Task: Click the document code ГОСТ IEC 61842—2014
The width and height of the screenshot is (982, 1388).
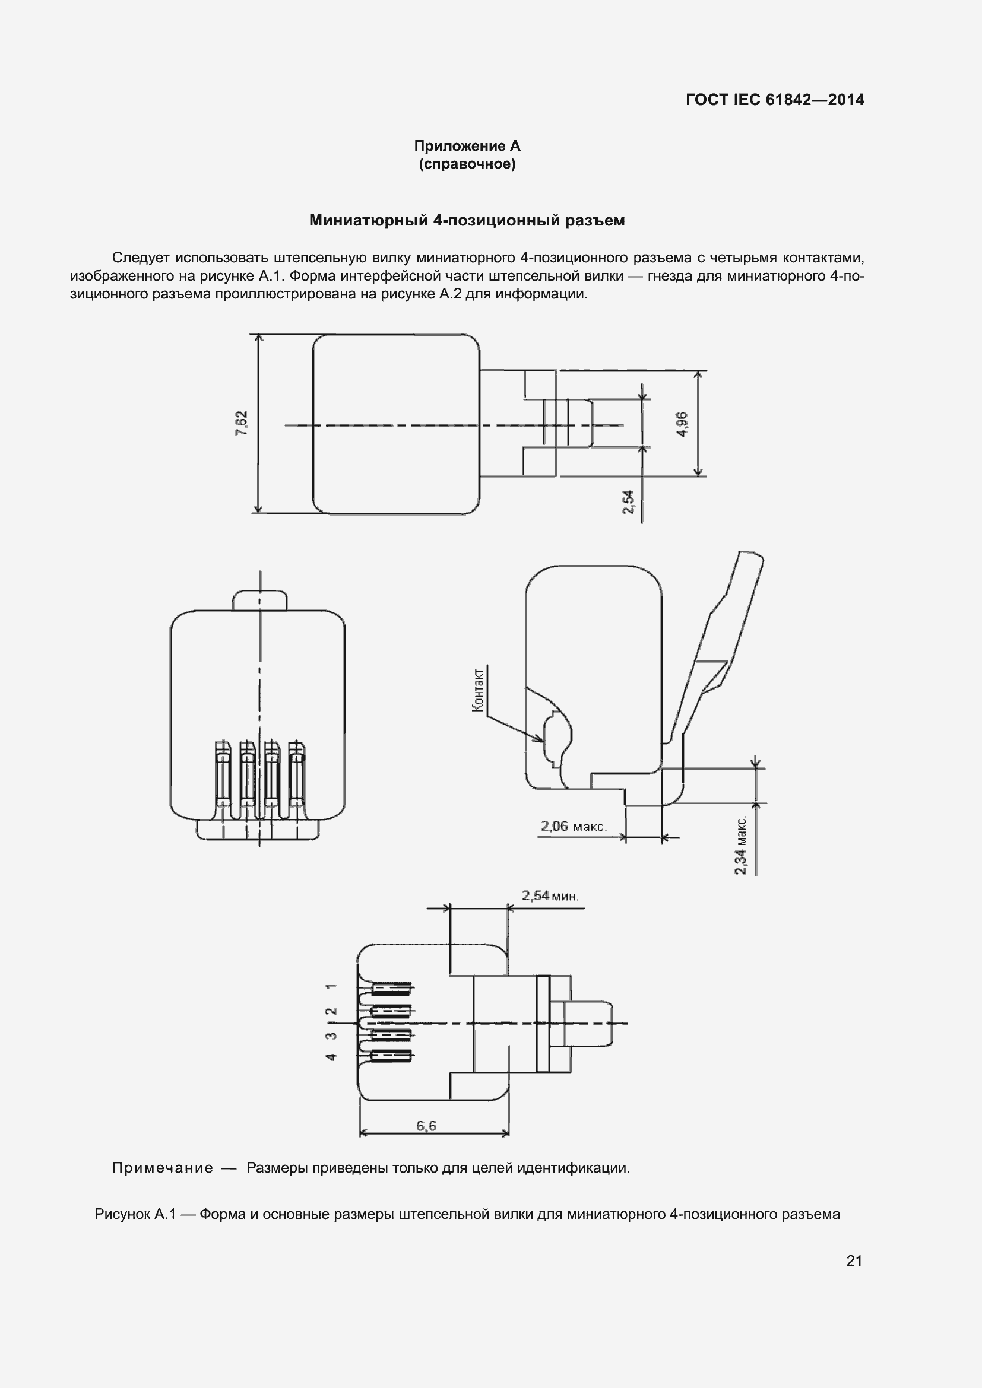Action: pyautogui.click(x=775, y=100)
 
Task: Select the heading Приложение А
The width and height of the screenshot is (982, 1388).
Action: pyautogui.click(x=467, y=146)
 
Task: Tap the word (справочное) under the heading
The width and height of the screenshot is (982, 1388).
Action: pyautogui.click(x=467, y=164)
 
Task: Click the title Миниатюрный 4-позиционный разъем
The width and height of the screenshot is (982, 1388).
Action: pyautogui.click(x=467, y=221)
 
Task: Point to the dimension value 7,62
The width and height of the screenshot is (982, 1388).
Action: pyautogui.click(x=241, y=423)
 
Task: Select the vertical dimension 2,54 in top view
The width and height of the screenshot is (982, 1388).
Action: pyautogui.click(x=629, y=502)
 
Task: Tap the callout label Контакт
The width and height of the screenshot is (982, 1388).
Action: pyautogui.click(x=478, y=690)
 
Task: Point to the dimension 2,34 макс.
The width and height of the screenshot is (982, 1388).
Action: pyautogui.click(x=742, y=844)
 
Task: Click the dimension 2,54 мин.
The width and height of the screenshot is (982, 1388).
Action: pyautogui.click(x=550, y=895)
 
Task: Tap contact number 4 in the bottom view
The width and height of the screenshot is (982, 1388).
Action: pyautogui.click(x=331, y=1056)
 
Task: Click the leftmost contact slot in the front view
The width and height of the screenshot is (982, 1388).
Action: pyautogui.click(x=223, y=774)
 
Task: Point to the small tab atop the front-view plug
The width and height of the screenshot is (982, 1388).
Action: pyautogui.click(x=259, y=601)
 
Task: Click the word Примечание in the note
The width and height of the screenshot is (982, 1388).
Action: pyautogui.click(x=163, y=1167)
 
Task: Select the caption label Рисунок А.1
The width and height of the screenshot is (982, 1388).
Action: pyautogui.click(x=135, y=1214)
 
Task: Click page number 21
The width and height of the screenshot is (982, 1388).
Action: pyautogui.click(x=854, y=1260)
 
